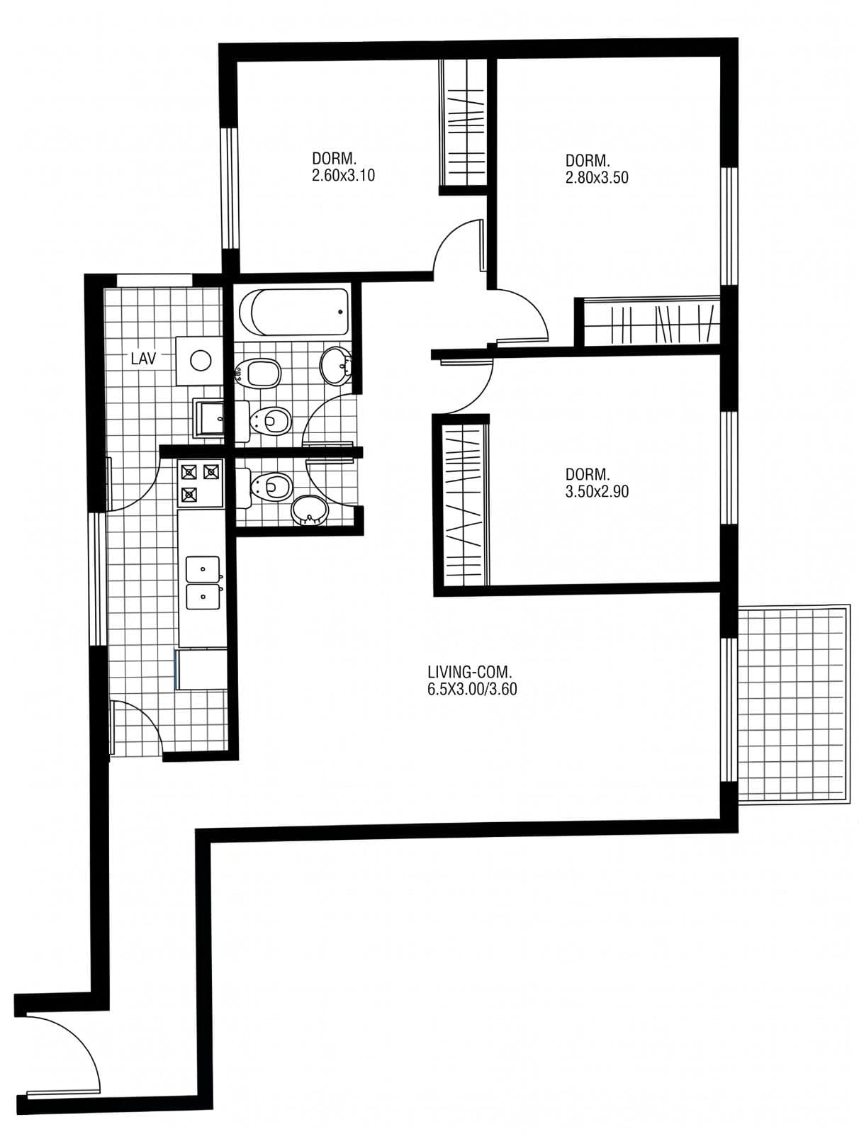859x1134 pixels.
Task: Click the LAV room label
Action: pyautogui.click(x=143, y=359)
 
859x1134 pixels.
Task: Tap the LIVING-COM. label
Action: pyautogui.click(x=469, y=672)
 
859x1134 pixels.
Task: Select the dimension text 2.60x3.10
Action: pyautogui.click(x=343, y=176)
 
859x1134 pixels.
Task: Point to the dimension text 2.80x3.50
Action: pyautogui.click(x=597, y=178)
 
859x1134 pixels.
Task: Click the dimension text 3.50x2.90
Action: pyautogui.click(x=597, y=491)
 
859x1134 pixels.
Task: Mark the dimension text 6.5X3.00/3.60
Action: pyautogui.click(x=472, y=689)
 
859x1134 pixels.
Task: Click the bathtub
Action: pyautogui.click(x=293, y=312)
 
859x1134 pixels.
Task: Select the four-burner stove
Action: pyautogui.click(x=200, y=483)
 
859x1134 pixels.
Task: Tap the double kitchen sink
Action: pyautogui.click(x=203, y=583)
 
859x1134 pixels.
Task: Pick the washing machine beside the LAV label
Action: pyautogui.click(x=200, y=361)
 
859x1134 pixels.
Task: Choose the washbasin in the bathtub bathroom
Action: pyautogui.click(x=336, y=365)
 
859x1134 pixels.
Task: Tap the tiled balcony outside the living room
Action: pyautogui.click(x=793, y=704)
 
